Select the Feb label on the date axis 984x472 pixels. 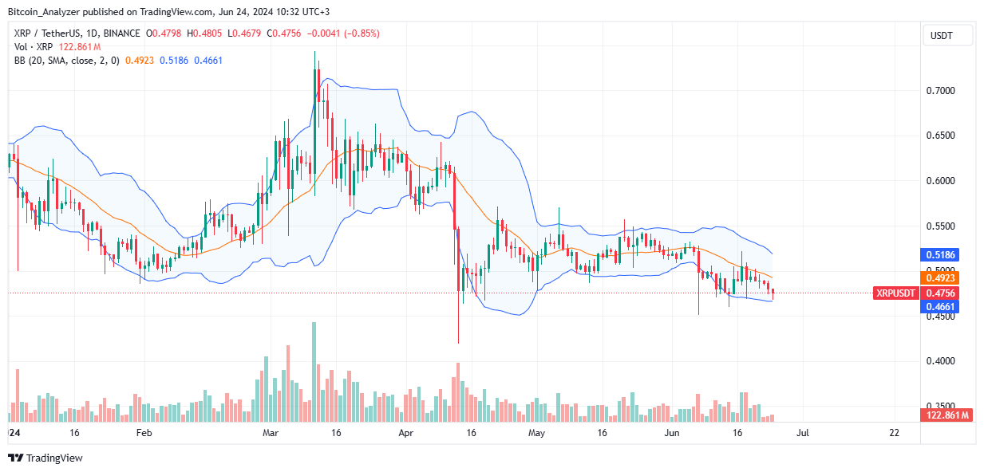[x=144, y=433]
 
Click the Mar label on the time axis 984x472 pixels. [x=272, y=433]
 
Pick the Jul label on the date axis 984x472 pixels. [x=803, y=433]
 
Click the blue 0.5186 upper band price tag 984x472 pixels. [x=946, y=255]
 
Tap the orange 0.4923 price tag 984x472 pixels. [x=946, y=278]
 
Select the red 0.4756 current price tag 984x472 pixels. [x=946, y=293]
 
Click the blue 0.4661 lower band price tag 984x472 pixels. [x=946, y=306]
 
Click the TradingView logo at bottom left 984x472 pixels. [x=45, y=458]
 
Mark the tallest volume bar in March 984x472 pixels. [x=314, y=372]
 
